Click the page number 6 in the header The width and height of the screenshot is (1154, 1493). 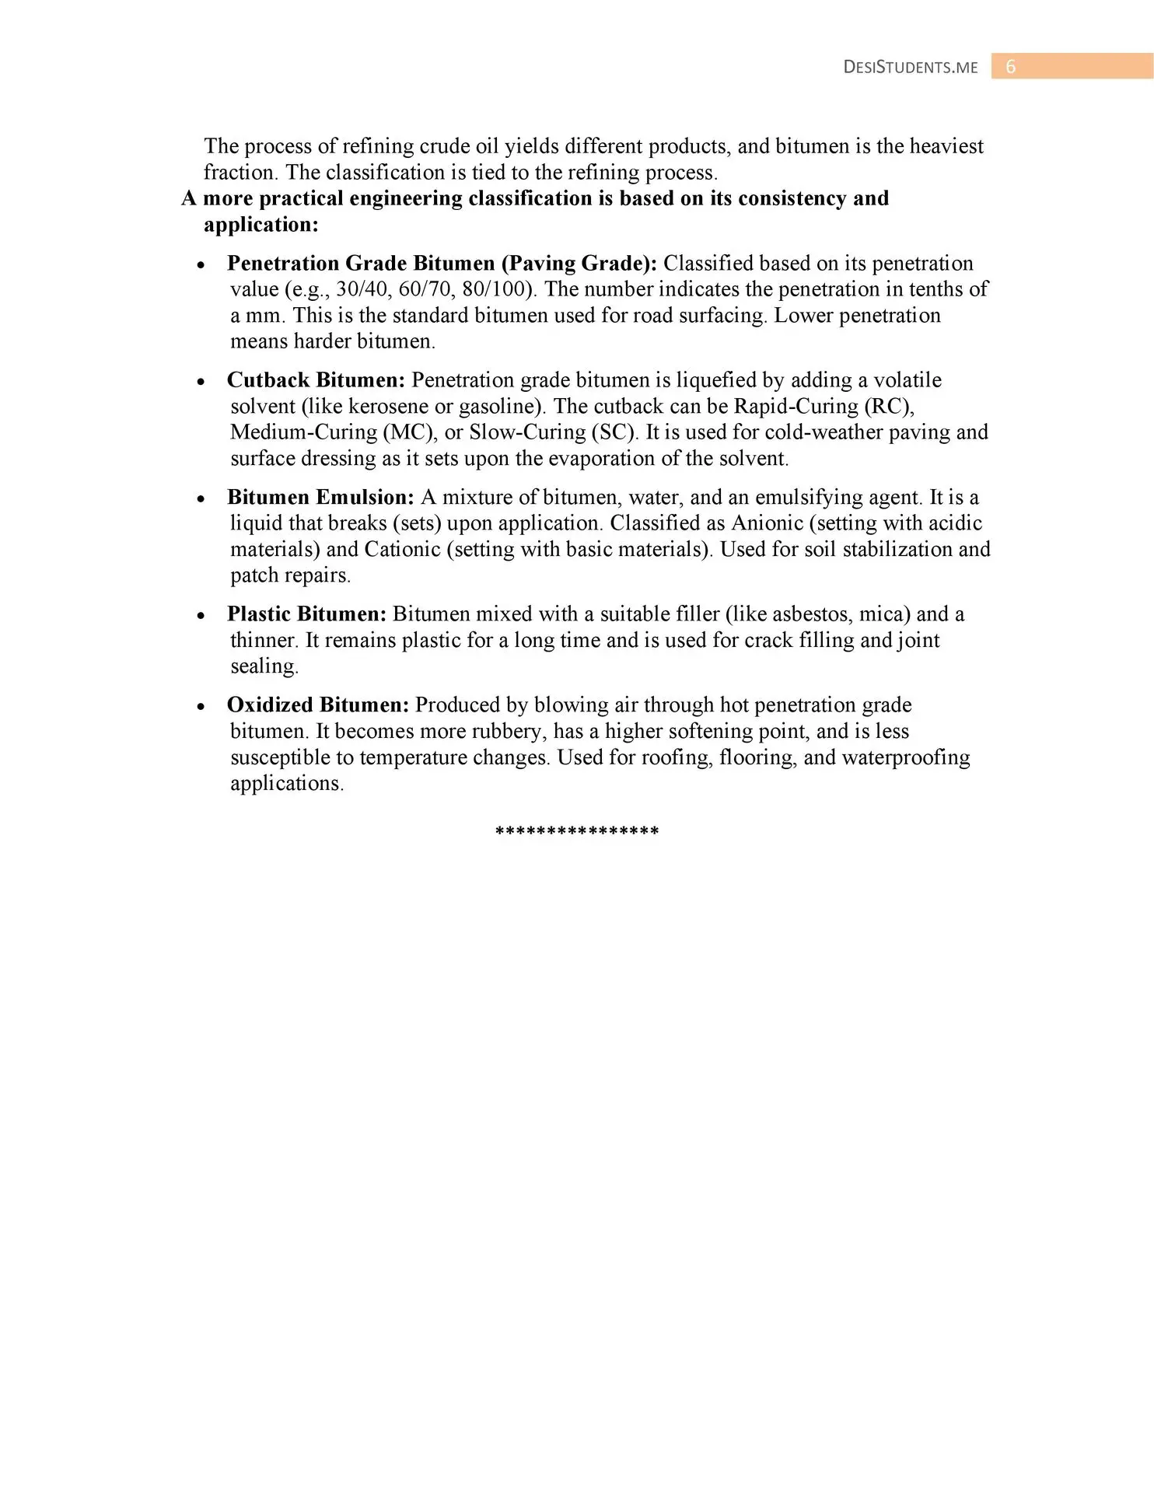[x=1011, y=67]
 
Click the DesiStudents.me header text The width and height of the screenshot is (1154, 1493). [x=911, y=68]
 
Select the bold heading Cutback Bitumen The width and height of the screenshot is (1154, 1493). [x=316, y=380]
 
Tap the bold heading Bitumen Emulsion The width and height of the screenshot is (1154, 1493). [x=320, y=497]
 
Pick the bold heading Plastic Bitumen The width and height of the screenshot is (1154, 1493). [x=306, y=614]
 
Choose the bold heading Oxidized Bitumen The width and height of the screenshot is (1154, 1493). [x=317, y=705]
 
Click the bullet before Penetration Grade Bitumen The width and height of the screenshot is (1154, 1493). [x=201, y=265]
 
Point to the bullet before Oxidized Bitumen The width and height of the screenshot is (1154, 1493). [x=201, y=707]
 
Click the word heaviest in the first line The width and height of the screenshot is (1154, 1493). [x=946, y=146]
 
